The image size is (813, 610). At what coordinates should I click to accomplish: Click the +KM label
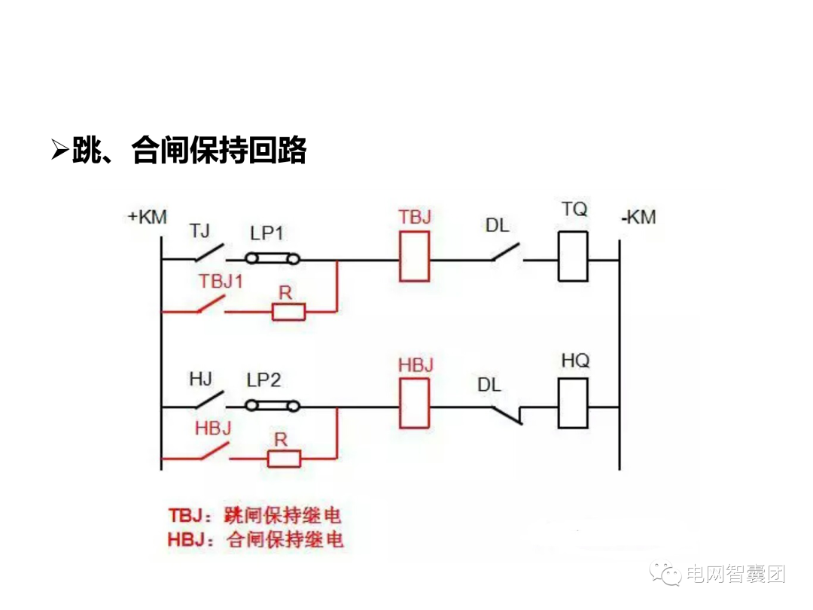pos(147,217)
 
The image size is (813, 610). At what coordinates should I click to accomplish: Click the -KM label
pos(638,218)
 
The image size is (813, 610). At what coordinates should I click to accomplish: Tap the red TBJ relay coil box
pos(415,256)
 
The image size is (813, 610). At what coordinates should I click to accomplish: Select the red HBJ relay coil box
pos(415,404)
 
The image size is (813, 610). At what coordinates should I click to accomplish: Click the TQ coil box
pos(573,257)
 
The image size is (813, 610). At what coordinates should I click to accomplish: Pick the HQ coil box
pos(573,404)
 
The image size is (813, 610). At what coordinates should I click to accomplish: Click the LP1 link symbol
pos(274,260)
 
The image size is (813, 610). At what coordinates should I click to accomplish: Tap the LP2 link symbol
pos(274,407)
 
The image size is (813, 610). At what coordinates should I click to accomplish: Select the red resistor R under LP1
pos(288,310)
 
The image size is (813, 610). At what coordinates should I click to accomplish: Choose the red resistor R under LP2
pos(284,457)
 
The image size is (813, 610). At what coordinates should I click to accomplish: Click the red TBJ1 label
pos(221,282)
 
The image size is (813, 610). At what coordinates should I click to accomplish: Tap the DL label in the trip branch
pos(497,225)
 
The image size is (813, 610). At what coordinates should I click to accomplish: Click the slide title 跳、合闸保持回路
pos(189,151)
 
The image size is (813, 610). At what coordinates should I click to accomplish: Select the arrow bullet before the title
pos(60,150)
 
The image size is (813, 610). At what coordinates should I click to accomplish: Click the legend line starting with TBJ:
pos(254,516)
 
